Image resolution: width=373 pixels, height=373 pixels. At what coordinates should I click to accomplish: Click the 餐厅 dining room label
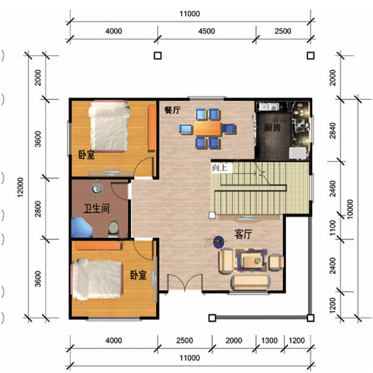(172, 110)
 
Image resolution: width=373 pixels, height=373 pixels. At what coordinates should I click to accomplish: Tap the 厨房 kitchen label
(272, 128)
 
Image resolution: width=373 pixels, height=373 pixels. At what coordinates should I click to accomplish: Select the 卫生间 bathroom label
(97, 208)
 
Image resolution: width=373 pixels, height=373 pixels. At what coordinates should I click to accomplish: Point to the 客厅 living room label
(243, 234)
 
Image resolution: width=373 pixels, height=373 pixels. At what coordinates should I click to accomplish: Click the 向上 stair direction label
(220, 168)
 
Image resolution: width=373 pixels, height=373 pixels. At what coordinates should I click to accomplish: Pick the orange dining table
(208, 129)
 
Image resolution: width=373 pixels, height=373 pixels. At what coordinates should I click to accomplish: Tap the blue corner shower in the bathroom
(82, 227)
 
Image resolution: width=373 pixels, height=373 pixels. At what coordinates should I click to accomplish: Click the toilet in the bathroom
(113, 229)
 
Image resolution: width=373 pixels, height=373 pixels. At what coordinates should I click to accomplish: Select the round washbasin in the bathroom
(97, 188)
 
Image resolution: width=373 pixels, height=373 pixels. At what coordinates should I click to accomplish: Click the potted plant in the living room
(218, 242)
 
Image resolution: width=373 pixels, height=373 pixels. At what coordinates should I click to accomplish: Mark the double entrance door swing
(185, 282)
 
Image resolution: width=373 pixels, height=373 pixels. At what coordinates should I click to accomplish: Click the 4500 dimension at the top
(207, 31)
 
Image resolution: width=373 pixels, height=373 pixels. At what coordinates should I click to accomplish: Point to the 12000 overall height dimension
(21, 187)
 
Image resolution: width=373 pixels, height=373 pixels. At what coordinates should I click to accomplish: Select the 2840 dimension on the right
(333, 130)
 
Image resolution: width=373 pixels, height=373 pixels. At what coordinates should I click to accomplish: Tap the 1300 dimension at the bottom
(269, 341)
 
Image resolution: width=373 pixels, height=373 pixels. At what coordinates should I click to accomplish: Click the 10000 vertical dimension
(350, 209)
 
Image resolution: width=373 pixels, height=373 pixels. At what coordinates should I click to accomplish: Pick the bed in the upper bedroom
(109, 126)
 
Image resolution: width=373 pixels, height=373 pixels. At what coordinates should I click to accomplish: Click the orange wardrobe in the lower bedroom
(98, 245)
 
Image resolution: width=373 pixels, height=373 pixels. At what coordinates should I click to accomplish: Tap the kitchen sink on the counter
(269, 106)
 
